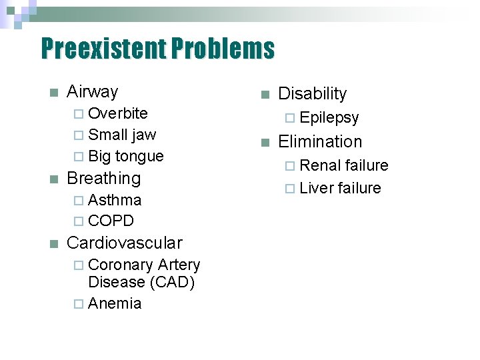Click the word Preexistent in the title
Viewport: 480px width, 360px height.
click(103, 49)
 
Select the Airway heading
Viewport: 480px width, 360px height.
click(92, 91)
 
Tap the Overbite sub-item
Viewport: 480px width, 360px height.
click(117, 113)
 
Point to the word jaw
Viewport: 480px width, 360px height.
click(143, 135)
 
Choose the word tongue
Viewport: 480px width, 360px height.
click(139, 157)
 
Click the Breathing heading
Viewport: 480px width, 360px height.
click(104, 179)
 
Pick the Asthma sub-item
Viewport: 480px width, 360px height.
click(115, 200)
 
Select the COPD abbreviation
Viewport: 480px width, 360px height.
click(111, 221)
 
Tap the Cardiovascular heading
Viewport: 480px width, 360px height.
click(124, 243)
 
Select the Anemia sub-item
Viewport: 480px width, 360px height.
click(115, 304)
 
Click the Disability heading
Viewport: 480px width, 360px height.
click(312, 94)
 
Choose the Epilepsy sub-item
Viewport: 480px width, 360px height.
click(329, 118)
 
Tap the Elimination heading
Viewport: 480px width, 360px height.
click(319, 142)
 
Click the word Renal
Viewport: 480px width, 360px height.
click(320, 166)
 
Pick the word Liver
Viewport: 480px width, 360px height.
click(317, 189)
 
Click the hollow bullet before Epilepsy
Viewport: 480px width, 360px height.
click(289, 119)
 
